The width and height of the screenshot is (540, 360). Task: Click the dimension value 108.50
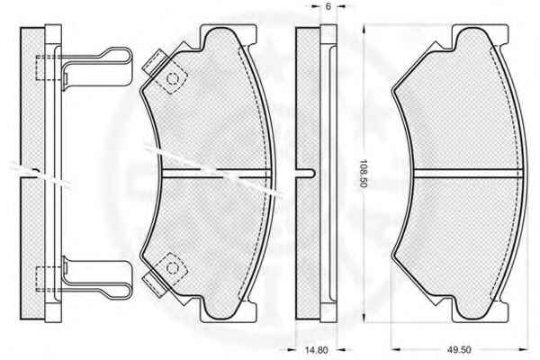364,174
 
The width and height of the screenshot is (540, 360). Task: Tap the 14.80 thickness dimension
317,350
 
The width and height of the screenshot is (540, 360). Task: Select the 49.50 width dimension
459,350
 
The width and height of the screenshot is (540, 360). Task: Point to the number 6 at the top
328,6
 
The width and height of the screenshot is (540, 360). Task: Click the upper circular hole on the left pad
172,79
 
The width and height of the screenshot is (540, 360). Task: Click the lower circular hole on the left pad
172,267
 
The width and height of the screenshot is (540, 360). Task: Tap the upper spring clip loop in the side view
97,67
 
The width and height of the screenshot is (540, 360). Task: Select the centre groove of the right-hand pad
468,174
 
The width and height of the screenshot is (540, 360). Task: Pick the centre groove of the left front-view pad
216,174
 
